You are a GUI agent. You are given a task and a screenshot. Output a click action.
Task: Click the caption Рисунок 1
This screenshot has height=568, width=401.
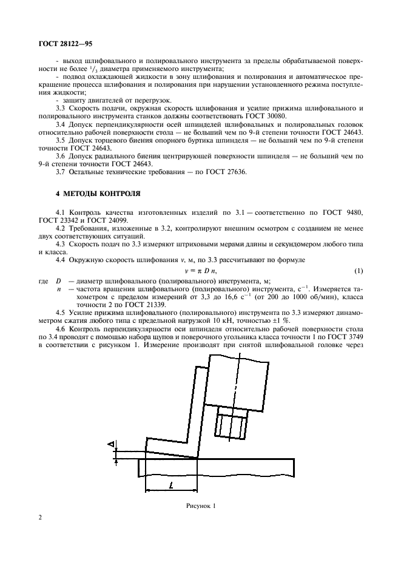pyautogui.click(x=201, y=505)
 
